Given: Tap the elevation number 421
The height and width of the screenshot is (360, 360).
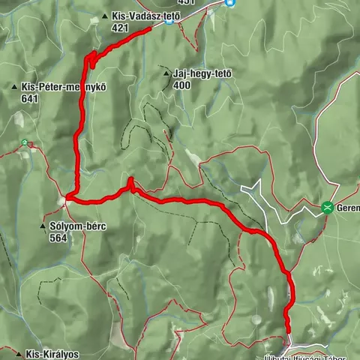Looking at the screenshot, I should coord(121,27).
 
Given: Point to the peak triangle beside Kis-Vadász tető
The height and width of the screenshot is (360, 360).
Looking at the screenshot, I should coord(103,16).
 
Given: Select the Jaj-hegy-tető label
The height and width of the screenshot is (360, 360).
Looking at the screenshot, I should coord(202,73).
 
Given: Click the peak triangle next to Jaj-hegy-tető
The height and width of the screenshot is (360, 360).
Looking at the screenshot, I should coord(166,73).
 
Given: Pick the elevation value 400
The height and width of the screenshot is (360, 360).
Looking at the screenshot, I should coord(181,85).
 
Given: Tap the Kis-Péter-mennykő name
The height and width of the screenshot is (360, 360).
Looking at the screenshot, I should coord(64,87).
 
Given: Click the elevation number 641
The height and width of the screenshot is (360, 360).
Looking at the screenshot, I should coord(31,98).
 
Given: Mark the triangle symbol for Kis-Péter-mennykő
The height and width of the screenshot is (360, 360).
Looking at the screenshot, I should coord(14,88).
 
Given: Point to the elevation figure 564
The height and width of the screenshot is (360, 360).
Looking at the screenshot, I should coord(58,238).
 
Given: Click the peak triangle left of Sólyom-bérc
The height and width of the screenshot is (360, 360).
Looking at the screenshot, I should coord(43,226).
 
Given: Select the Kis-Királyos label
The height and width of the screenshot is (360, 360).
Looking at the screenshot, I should coord(52,353).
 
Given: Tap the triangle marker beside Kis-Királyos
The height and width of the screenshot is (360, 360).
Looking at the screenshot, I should coord(17,353).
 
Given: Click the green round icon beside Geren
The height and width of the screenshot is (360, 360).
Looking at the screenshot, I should coord(327,208).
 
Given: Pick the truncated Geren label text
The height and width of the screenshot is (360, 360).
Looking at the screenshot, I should coord(348,208).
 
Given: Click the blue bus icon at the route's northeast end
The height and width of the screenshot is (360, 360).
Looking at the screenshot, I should coord(170,20).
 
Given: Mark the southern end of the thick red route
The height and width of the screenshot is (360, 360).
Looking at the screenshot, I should coord(287,330).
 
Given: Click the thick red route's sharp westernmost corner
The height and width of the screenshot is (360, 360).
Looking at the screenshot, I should coord(67,198).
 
